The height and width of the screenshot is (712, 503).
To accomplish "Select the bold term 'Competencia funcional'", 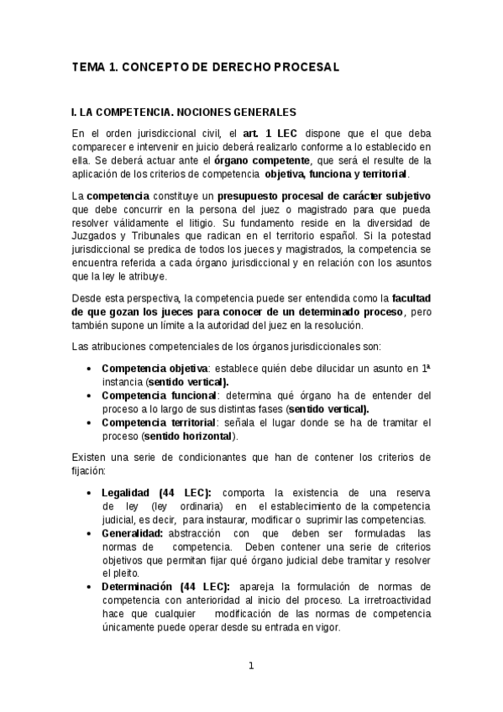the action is pyautogui.click(x=158, y=395).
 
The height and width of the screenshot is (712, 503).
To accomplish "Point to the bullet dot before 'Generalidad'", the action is pyautogui.click(x=89, y=534).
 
